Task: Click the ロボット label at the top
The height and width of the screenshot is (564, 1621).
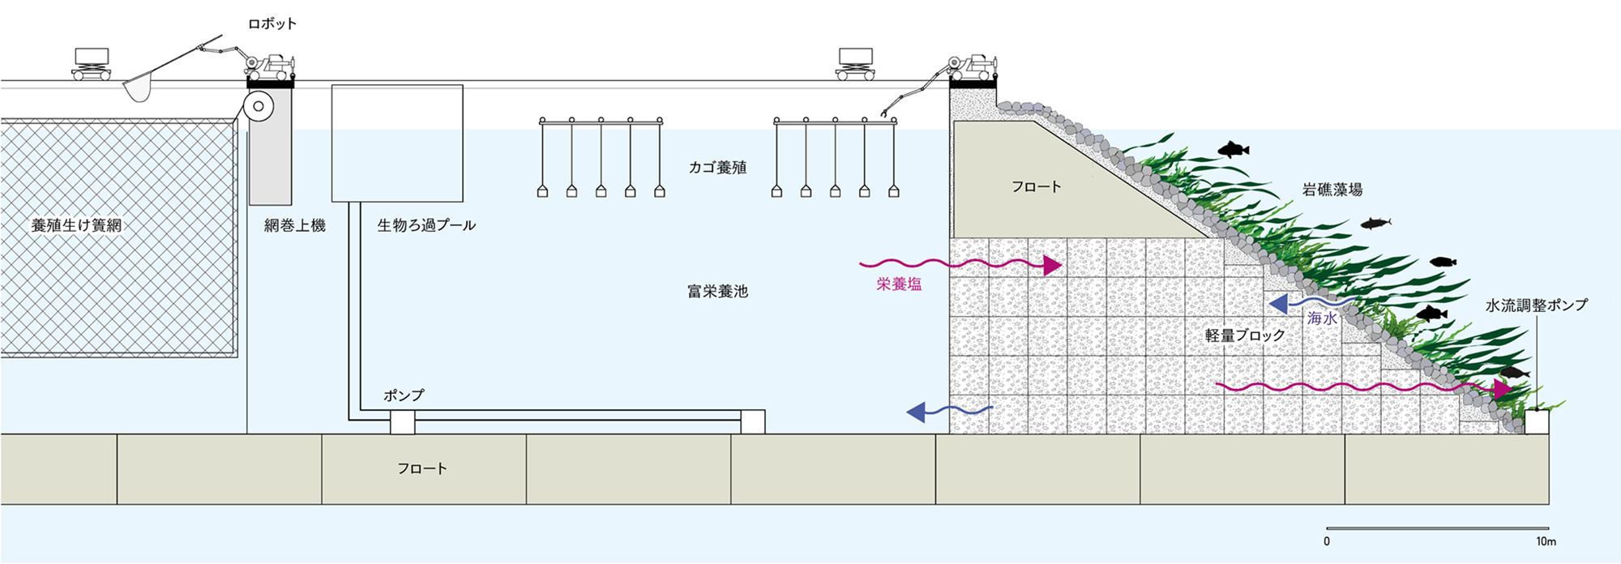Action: coord(272,24)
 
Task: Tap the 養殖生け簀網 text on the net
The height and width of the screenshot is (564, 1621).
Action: coord(76,225)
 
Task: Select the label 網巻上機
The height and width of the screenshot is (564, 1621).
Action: coord(294,225)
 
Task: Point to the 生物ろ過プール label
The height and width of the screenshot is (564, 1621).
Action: coord(426,225)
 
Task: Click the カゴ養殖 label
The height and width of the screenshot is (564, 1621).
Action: coord(717,168)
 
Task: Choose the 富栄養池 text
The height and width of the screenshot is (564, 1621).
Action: coord(717,291)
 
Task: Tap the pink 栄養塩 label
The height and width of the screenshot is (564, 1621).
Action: coord(899,284)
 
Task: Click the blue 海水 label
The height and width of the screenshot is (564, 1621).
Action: coord(1322,318)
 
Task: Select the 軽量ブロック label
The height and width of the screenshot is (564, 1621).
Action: coord(1245,335)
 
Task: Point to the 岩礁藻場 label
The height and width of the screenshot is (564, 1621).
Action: coord(1332,190)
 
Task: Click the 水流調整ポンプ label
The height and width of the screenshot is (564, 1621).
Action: coord(1536,305)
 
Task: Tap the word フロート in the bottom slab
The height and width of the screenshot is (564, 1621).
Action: coord(421,468)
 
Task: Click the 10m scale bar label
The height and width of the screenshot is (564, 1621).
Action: coord(1546,541)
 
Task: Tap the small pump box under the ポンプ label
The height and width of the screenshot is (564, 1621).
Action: coord(403,422)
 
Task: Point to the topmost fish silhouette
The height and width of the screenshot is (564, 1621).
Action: coord(1233,149)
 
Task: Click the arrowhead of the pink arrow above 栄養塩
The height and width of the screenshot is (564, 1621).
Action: coord(1052,265)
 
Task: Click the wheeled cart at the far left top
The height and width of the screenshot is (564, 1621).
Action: coord(91,65)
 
